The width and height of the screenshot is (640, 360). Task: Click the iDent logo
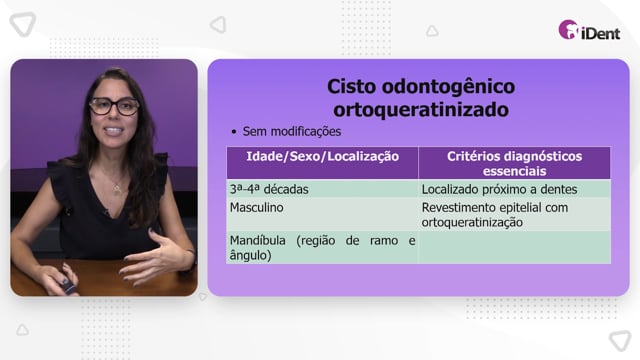pos(589,30)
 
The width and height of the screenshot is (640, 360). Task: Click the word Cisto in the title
pos(352,87)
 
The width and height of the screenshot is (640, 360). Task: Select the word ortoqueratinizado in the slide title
pos(421,109)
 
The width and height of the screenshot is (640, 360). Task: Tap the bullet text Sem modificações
pos(291,131)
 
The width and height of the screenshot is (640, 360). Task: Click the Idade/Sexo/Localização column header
pos(322,156)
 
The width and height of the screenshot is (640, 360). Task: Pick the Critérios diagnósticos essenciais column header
pos(514,163)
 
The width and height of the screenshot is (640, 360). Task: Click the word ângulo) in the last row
pos(250,256)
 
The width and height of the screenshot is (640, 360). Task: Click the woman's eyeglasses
pos(114,106)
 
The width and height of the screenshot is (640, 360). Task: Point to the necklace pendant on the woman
pos(117,189)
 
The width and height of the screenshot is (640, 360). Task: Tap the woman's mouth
pos(114,131)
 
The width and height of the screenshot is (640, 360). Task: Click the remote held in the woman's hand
pos(68,283)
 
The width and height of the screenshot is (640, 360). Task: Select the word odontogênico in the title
pos(449,87)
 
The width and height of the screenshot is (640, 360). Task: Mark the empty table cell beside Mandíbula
pos(514,248)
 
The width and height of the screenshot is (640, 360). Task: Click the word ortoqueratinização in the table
pos(472,222)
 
